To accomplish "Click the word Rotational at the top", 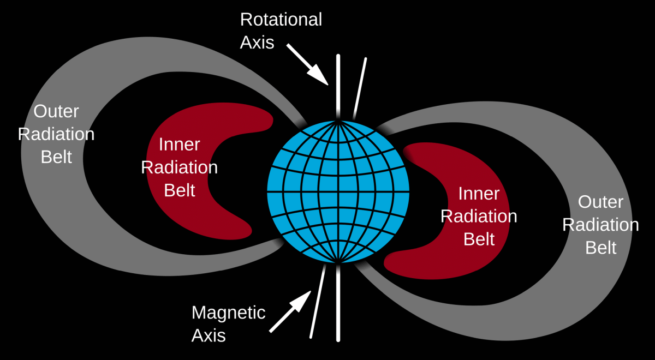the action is pos(281,20).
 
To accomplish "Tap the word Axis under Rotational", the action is pos(257,43).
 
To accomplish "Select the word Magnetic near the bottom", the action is pos(228,313).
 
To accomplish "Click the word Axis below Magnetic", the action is pos(209,335).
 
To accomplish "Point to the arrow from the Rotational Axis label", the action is pos(307,64).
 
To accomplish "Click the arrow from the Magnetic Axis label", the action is pos(290,311).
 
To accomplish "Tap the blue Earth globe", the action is pos(338,191).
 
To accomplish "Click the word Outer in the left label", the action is pos(56,111).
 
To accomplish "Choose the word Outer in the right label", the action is pos(600,202).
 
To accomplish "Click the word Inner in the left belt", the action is pos(179,145).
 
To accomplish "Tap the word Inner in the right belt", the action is pos(479,194).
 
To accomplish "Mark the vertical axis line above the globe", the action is pos(338,87).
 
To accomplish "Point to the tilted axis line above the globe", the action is pos(360,88).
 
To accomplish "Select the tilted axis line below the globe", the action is pos(318,301).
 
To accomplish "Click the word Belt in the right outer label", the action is pos(600,248).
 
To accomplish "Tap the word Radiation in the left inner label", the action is pos(179,167).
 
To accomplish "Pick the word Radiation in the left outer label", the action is pos(56,134).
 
